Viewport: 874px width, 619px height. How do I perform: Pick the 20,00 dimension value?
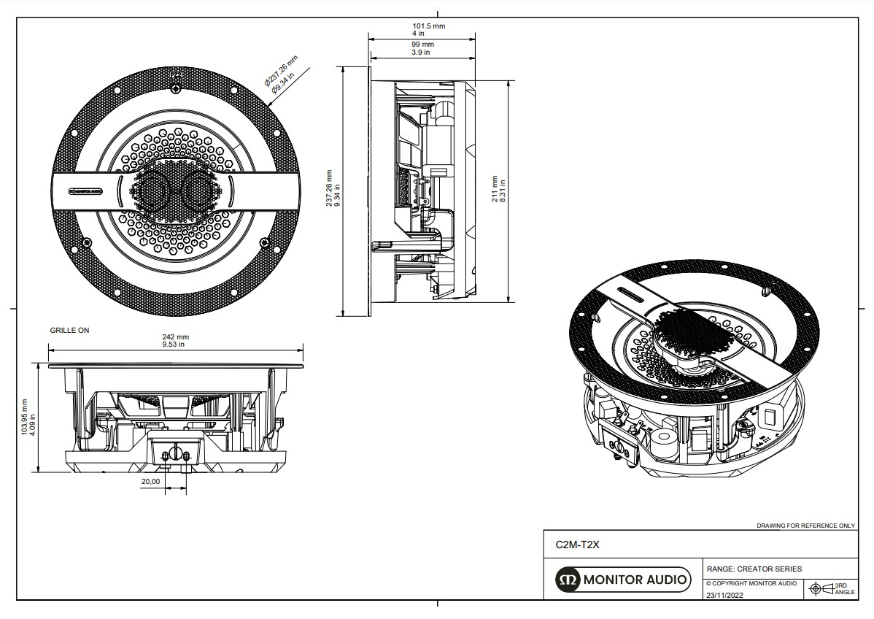[x=151, y=481]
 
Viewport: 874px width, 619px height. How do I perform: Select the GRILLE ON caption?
[x=69, y=330]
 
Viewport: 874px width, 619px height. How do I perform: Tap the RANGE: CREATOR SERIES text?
[x=754, y=569]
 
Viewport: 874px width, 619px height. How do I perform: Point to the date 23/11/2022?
[x=724, y=595]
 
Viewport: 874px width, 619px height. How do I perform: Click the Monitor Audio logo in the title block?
[x=622, y=580]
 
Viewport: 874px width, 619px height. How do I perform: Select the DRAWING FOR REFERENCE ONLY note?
[x=805, y=526]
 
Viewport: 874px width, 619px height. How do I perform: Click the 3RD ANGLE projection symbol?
[x=832, y=588]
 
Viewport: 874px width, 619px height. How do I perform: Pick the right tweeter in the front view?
[x=198, y=191]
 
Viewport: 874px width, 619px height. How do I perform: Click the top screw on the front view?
[x=176, y=89]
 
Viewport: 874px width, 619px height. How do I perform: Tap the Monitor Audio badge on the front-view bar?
[x=85, y=191]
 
